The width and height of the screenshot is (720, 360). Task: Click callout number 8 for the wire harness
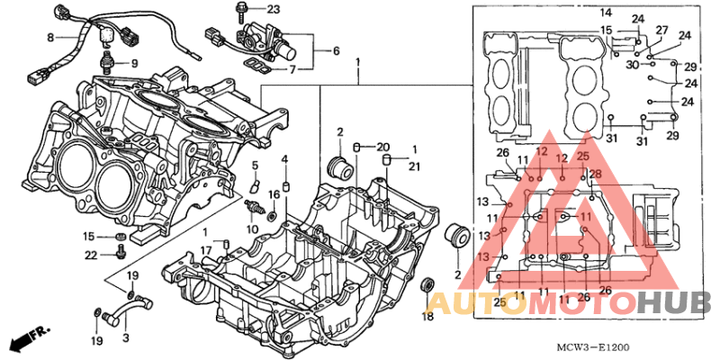50,38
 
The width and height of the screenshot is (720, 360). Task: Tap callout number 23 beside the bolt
273,9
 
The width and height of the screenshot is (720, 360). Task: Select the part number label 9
134,63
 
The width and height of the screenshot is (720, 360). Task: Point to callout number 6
336,50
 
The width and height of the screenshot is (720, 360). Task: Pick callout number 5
255,165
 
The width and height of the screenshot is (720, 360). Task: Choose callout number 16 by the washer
274,194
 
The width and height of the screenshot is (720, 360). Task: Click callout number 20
383,148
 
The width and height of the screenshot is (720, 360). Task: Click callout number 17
206,251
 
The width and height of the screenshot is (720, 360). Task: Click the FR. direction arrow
31,337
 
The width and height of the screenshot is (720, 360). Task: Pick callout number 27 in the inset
661,31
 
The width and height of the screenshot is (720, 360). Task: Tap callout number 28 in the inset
595,174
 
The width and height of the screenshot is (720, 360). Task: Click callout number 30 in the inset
633,65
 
